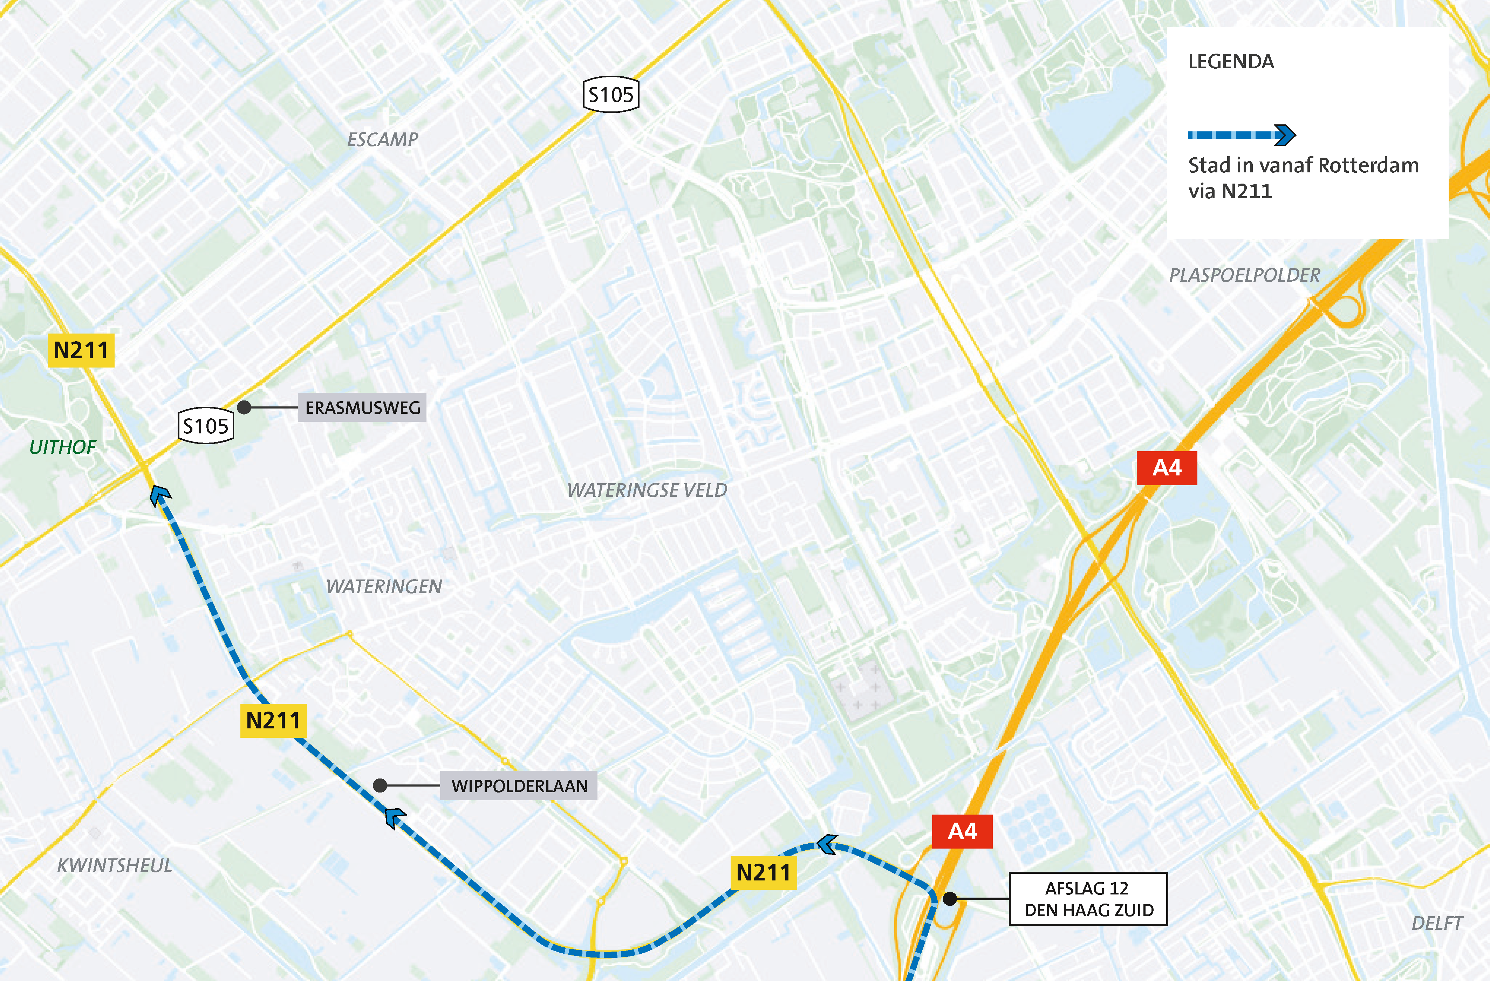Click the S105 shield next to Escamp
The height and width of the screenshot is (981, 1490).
(611, 95)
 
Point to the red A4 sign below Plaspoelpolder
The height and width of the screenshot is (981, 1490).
(1166, 468)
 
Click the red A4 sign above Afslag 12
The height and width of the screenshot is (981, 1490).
(962, 831)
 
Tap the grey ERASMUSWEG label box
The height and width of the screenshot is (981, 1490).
(362, 407)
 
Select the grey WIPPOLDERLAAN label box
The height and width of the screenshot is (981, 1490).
(519, 786)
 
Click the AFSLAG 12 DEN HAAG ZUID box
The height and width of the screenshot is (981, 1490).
(1088, 899)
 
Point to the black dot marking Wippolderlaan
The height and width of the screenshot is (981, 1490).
(380, 785)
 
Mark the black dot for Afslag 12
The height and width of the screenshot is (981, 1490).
(950, 899)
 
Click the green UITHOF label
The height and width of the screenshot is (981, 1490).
(63, 447)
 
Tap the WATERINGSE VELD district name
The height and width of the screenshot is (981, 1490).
(647, 490)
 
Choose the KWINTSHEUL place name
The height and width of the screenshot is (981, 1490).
(115, 865)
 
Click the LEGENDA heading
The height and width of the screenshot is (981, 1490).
(1231, 61)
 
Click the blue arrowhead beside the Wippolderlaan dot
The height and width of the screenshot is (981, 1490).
(395, 817)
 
